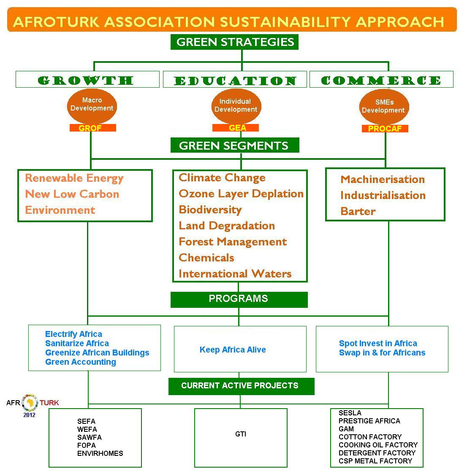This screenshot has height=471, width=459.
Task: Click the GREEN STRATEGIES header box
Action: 234,42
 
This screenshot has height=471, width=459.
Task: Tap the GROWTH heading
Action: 86,80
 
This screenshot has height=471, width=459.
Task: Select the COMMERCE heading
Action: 381,80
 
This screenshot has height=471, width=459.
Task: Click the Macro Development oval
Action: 92,106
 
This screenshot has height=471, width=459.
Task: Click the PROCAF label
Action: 385,129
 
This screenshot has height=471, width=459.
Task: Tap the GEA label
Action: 236,128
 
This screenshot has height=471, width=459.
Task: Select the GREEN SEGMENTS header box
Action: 235,145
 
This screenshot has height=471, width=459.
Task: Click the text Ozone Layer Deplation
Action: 241,194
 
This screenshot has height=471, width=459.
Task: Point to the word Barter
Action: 358,211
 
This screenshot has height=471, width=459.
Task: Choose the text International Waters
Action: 235,274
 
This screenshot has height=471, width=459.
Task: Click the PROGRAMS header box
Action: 239,299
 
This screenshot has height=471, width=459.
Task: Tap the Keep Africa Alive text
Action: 233,350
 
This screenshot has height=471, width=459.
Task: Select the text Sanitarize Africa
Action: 77,343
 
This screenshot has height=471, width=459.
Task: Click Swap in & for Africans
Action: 382,353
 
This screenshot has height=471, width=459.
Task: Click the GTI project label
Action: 241,434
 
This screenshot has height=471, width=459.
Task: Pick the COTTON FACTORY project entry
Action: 370,437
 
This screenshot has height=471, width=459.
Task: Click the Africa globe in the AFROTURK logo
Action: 30,403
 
